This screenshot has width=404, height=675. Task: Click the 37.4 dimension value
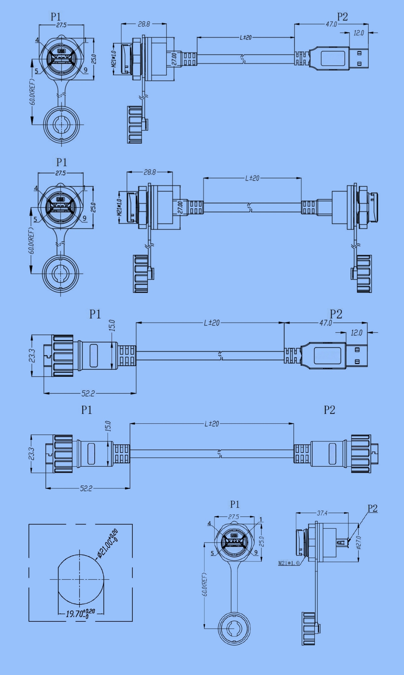click(322, 513)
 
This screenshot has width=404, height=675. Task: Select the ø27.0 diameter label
click(359, 543)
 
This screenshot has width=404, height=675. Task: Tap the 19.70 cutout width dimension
click(81, 614)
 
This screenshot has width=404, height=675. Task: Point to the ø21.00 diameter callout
click(107, 543)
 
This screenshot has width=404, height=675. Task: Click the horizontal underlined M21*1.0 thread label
click(289, 563)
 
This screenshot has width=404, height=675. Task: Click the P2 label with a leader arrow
click(372, 508)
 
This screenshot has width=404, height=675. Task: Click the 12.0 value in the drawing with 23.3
click(356, 333)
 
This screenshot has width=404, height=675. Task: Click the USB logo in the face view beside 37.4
click(234, 536)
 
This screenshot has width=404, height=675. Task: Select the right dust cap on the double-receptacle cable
click(363, 274)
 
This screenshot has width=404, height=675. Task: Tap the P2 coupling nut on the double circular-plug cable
click(361, 453)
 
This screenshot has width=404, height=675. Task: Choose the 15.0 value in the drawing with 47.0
click(112, 326)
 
